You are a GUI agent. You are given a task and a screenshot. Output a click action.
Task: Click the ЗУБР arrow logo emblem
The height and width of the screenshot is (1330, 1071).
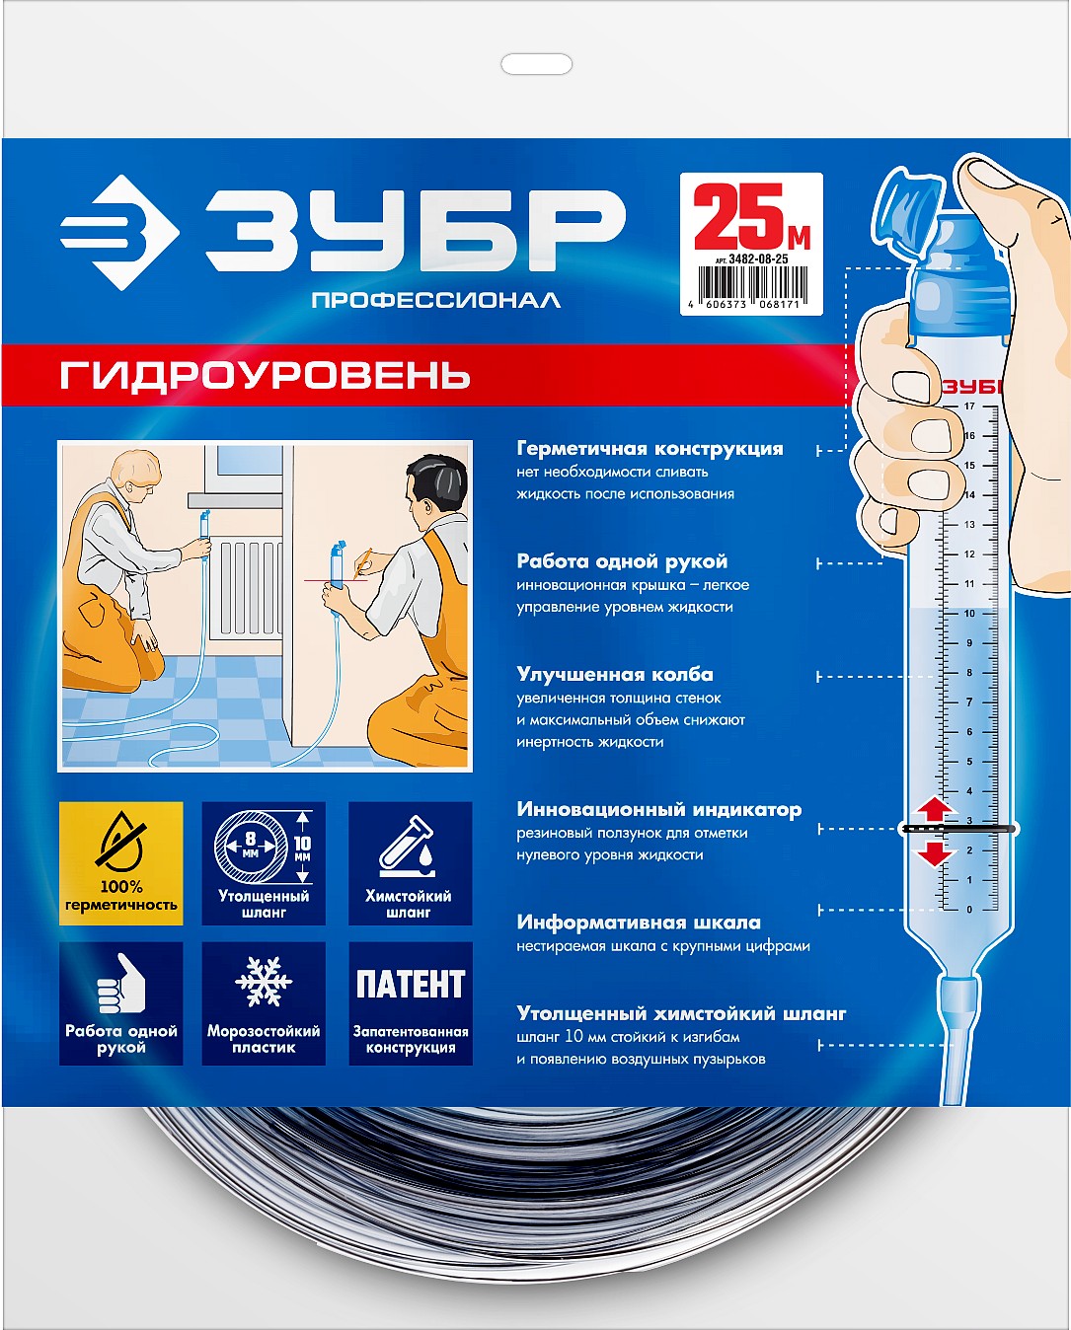coord(118,233)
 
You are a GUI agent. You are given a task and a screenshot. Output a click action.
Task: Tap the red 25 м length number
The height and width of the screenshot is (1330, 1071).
coord(750,217)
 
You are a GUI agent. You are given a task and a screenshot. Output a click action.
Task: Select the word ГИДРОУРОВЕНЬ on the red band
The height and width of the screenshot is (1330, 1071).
coord(266,376)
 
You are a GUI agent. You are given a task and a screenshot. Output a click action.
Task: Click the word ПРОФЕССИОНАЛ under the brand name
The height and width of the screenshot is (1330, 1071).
coord(435,300)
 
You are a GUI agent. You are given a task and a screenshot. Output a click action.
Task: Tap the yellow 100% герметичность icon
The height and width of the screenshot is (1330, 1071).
coord(121,863)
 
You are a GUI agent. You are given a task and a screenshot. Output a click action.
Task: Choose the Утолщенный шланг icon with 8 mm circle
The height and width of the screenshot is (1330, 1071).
coord(264,863)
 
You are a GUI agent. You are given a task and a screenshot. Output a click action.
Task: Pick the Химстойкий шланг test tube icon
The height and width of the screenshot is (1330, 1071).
coord(410,863)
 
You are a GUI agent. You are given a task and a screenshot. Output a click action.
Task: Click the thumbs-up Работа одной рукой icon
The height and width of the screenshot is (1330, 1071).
coord(121,1003)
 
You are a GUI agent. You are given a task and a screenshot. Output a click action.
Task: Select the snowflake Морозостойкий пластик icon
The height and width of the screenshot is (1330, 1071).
coord(264,1003)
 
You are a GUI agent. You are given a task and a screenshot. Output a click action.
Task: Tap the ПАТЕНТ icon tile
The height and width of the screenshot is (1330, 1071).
coord(410,1003)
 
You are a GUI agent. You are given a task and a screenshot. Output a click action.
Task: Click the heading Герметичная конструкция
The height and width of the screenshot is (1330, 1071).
coord(650,449)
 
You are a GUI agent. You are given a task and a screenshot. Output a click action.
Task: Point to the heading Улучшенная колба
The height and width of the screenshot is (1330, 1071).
coord(615,675)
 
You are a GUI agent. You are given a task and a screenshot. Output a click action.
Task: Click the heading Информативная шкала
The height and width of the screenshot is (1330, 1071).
coord(639,923)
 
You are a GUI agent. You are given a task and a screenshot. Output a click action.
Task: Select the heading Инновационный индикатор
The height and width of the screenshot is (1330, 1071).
coord(658,810)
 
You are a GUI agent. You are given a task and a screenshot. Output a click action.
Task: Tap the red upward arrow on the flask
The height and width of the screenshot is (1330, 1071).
coord(935,809)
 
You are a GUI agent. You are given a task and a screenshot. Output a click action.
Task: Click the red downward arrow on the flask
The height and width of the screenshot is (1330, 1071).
coord(935,852)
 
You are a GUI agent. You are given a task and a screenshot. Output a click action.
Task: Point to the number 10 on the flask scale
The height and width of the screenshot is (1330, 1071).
coord(968,614)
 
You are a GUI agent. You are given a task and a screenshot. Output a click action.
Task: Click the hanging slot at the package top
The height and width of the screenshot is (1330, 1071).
coord(536,65)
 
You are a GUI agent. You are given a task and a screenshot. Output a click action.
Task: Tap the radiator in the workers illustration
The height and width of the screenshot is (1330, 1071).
coord(246,588)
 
